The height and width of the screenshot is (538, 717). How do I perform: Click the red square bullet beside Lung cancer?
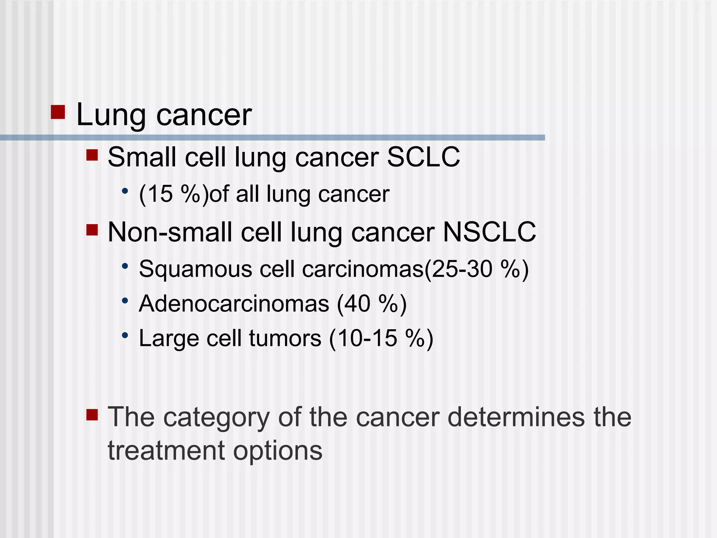[x=58, y=112]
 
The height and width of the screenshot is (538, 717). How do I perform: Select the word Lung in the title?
[x=111, y=115]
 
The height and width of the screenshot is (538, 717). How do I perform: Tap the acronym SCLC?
[x=423, y=157]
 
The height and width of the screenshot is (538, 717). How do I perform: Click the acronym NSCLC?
[x=489, y=232]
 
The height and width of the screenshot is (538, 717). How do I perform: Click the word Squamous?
[x=195, y=269]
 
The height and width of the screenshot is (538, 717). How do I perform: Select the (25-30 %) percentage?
[x=476, y=269]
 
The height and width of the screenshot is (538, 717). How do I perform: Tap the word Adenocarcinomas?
[x=234, y=303]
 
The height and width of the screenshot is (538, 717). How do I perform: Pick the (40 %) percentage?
[x=371, y=303]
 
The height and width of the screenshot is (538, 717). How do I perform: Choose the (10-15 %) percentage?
[x=381, y=338]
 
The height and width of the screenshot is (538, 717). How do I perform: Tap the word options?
[x=278, y=451]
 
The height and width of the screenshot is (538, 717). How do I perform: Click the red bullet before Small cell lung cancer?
[x=92, y=155]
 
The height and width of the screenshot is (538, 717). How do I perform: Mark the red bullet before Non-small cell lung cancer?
[x=92, y=230]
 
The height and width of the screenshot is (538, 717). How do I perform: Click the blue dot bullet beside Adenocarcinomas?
[x=125, y=301]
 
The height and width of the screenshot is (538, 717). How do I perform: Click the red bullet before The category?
[x=92, y=415]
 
